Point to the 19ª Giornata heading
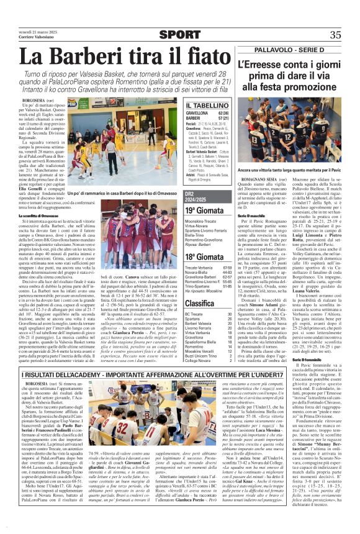[206, 212]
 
